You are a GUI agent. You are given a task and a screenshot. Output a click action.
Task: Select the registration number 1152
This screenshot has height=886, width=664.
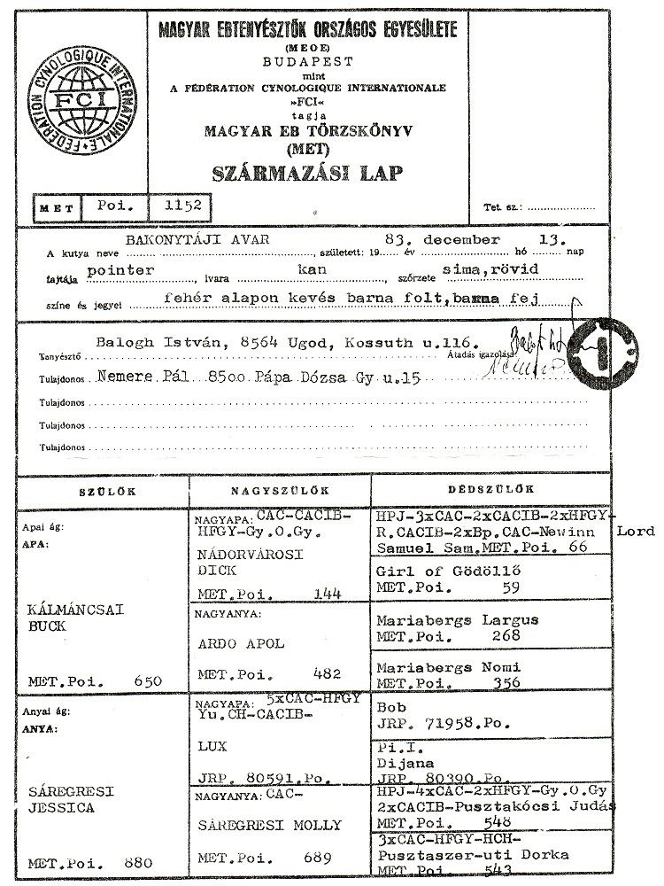click(180, 206)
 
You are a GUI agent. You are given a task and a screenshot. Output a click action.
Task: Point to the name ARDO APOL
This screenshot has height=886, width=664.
click(239, 644)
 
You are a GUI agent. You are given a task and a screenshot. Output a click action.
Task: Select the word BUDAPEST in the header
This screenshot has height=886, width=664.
click(306, 61)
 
